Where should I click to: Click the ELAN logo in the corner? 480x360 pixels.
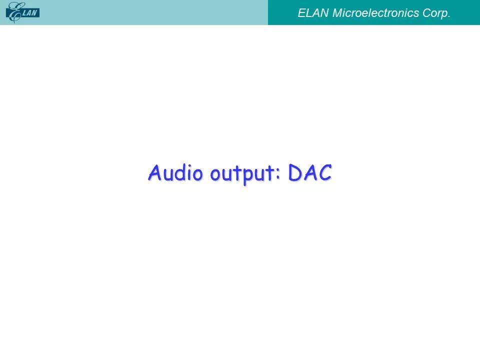coord(22,12)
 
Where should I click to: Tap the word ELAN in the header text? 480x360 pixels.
coord(313,13)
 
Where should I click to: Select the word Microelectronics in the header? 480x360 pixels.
coord(375,13)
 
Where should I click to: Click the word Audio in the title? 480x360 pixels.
coord(175,172)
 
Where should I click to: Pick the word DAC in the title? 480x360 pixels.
coord(310,172)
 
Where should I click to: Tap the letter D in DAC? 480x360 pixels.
coord(295,172)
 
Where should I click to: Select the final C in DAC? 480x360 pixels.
coord(325,172)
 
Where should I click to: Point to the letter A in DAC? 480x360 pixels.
coord(310,172)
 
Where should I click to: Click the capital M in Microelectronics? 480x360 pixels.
coord(337,13)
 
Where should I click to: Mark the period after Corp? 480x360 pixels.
coord(449,17)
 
